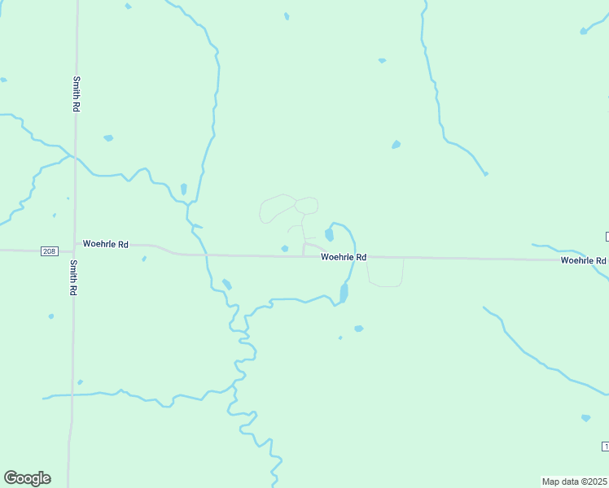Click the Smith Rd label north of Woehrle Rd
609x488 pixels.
click(x=76, y=94)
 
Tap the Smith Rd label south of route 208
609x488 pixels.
click(x=73, y=277)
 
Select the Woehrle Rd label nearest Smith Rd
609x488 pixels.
click(x=106, y=244)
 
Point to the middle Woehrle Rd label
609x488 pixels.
click(x=344, y=257)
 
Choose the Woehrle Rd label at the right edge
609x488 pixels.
click(x=583, y=260)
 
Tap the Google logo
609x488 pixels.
click(x=27, y=478)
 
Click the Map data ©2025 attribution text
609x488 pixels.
click(x=574, y=481)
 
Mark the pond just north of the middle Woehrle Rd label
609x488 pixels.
click(x=330, y=235)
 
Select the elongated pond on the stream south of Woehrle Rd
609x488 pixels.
click(x=344, y=293)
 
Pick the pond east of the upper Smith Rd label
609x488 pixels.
click(x=108, y=138)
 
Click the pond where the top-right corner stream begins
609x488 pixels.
click(x=583, y=32)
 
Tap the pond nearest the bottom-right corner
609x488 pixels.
click(x=586, y=418)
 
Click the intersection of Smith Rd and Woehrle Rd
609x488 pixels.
click(x=74, y=249)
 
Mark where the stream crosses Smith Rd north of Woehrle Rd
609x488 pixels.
click(x=75, y=155)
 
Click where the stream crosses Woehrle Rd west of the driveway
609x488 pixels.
click(x=206, y=255)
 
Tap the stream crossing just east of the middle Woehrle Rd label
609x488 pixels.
click(x=353, y=257)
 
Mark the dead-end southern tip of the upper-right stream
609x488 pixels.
click(x=485, y=173)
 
